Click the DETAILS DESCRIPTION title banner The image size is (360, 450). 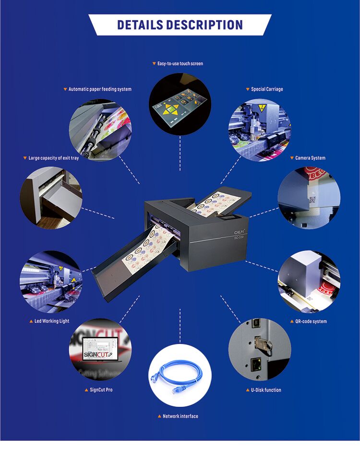tap(180, 25)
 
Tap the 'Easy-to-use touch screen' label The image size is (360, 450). tap(180, 63)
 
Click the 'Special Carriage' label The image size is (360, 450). tap(267, 89)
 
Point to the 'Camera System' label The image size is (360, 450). tap(310, 158)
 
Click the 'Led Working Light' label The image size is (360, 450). tap(52, 321)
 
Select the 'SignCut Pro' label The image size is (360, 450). tap(101, 390)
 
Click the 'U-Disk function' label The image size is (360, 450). tap(266, 390)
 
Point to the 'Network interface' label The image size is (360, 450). tap(180, 416)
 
